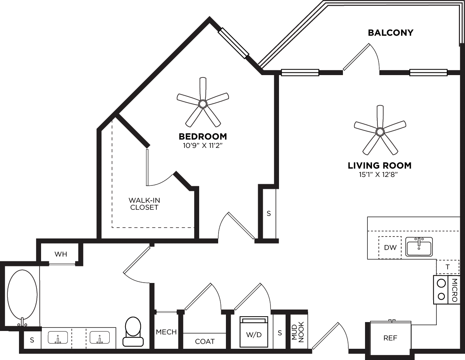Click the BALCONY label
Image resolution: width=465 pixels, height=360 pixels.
[391, 33]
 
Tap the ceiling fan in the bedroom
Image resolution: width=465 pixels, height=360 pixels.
[202, 103]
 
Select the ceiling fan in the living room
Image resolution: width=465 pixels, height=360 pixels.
[380, 132]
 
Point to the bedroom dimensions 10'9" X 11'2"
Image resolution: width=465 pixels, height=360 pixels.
[202, 146]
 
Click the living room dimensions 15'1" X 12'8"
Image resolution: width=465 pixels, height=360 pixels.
[379, 175]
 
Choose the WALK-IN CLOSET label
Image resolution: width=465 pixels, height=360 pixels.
[144, 204]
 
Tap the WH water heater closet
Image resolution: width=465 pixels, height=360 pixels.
[61, 254]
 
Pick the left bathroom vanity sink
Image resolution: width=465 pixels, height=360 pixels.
[58, 338]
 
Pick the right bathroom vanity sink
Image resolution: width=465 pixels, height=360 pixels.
[100, 338]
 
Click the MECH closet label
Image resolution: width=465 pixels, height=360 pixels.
[166, 332]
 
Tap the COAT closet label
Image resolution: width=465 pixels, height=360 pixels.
[205, 341]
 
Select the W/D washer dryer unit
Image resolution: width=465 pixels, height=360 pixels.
[254, 332]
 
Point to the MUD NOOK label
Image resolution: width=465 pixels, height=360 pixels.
[298, 332]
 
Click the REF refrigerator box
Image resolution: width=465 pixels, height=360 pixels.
[390, 338]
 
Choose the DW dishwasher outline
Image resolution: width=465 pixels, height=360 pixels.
[390, 247]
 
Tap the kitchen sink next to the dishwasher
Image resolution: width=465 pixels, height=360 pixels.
[419, 247]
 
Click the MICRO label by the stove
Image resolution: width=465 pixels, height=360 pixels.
[455, 290]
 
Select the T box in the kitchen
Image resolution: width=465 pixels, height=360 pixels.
[448, 267]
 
